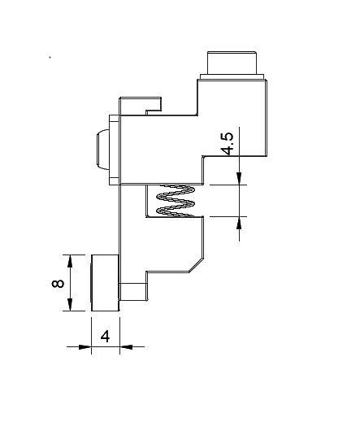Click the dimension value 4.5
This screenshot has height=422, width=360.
pos(228,144)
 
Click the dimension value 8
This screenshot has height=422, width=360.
pos(58,284)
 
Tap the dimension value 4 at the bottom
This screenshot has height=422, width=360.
pos(105,337)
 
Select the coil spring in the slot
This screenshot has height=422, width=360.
pos(176,201)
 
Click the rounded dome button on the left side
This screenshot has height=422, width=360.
pos(102,150)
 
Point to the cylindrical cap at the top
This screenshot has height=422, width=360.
pos(232,63)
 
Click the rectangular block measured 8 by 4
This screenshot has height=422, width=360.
pos(105,283)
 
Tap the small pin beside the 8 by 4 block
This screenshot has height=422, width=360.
pos(133,292)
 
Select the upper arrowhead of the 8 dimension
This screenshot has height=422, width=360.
pos(70,261)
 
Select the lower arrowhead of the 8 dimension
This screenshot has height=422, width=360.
pos(70,304)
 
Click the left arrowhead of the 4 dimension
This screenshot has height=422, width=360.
pos(85,346)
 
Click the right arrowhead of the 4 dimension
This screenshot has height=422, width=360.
pos(126,346)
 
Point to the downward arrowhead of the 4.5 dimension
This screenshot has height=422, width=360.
pos(239,179)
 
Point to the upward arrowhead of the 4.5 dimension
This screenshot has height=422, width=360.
pos(239,223)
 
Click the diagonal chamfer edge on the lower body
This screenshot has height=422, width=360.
pos(196,264)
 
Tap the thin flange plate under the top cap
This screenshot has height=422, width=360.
pos(232,76)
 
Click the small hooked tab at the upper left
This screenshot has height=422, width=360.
pos(141,106)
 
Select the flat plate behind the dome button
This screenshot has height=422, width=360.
pos(115,150)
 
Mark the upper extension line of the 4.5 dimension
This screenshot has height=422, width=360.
pos(228,185)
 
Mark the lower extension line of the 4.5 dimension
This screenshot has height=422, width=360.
pos(228,216)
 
